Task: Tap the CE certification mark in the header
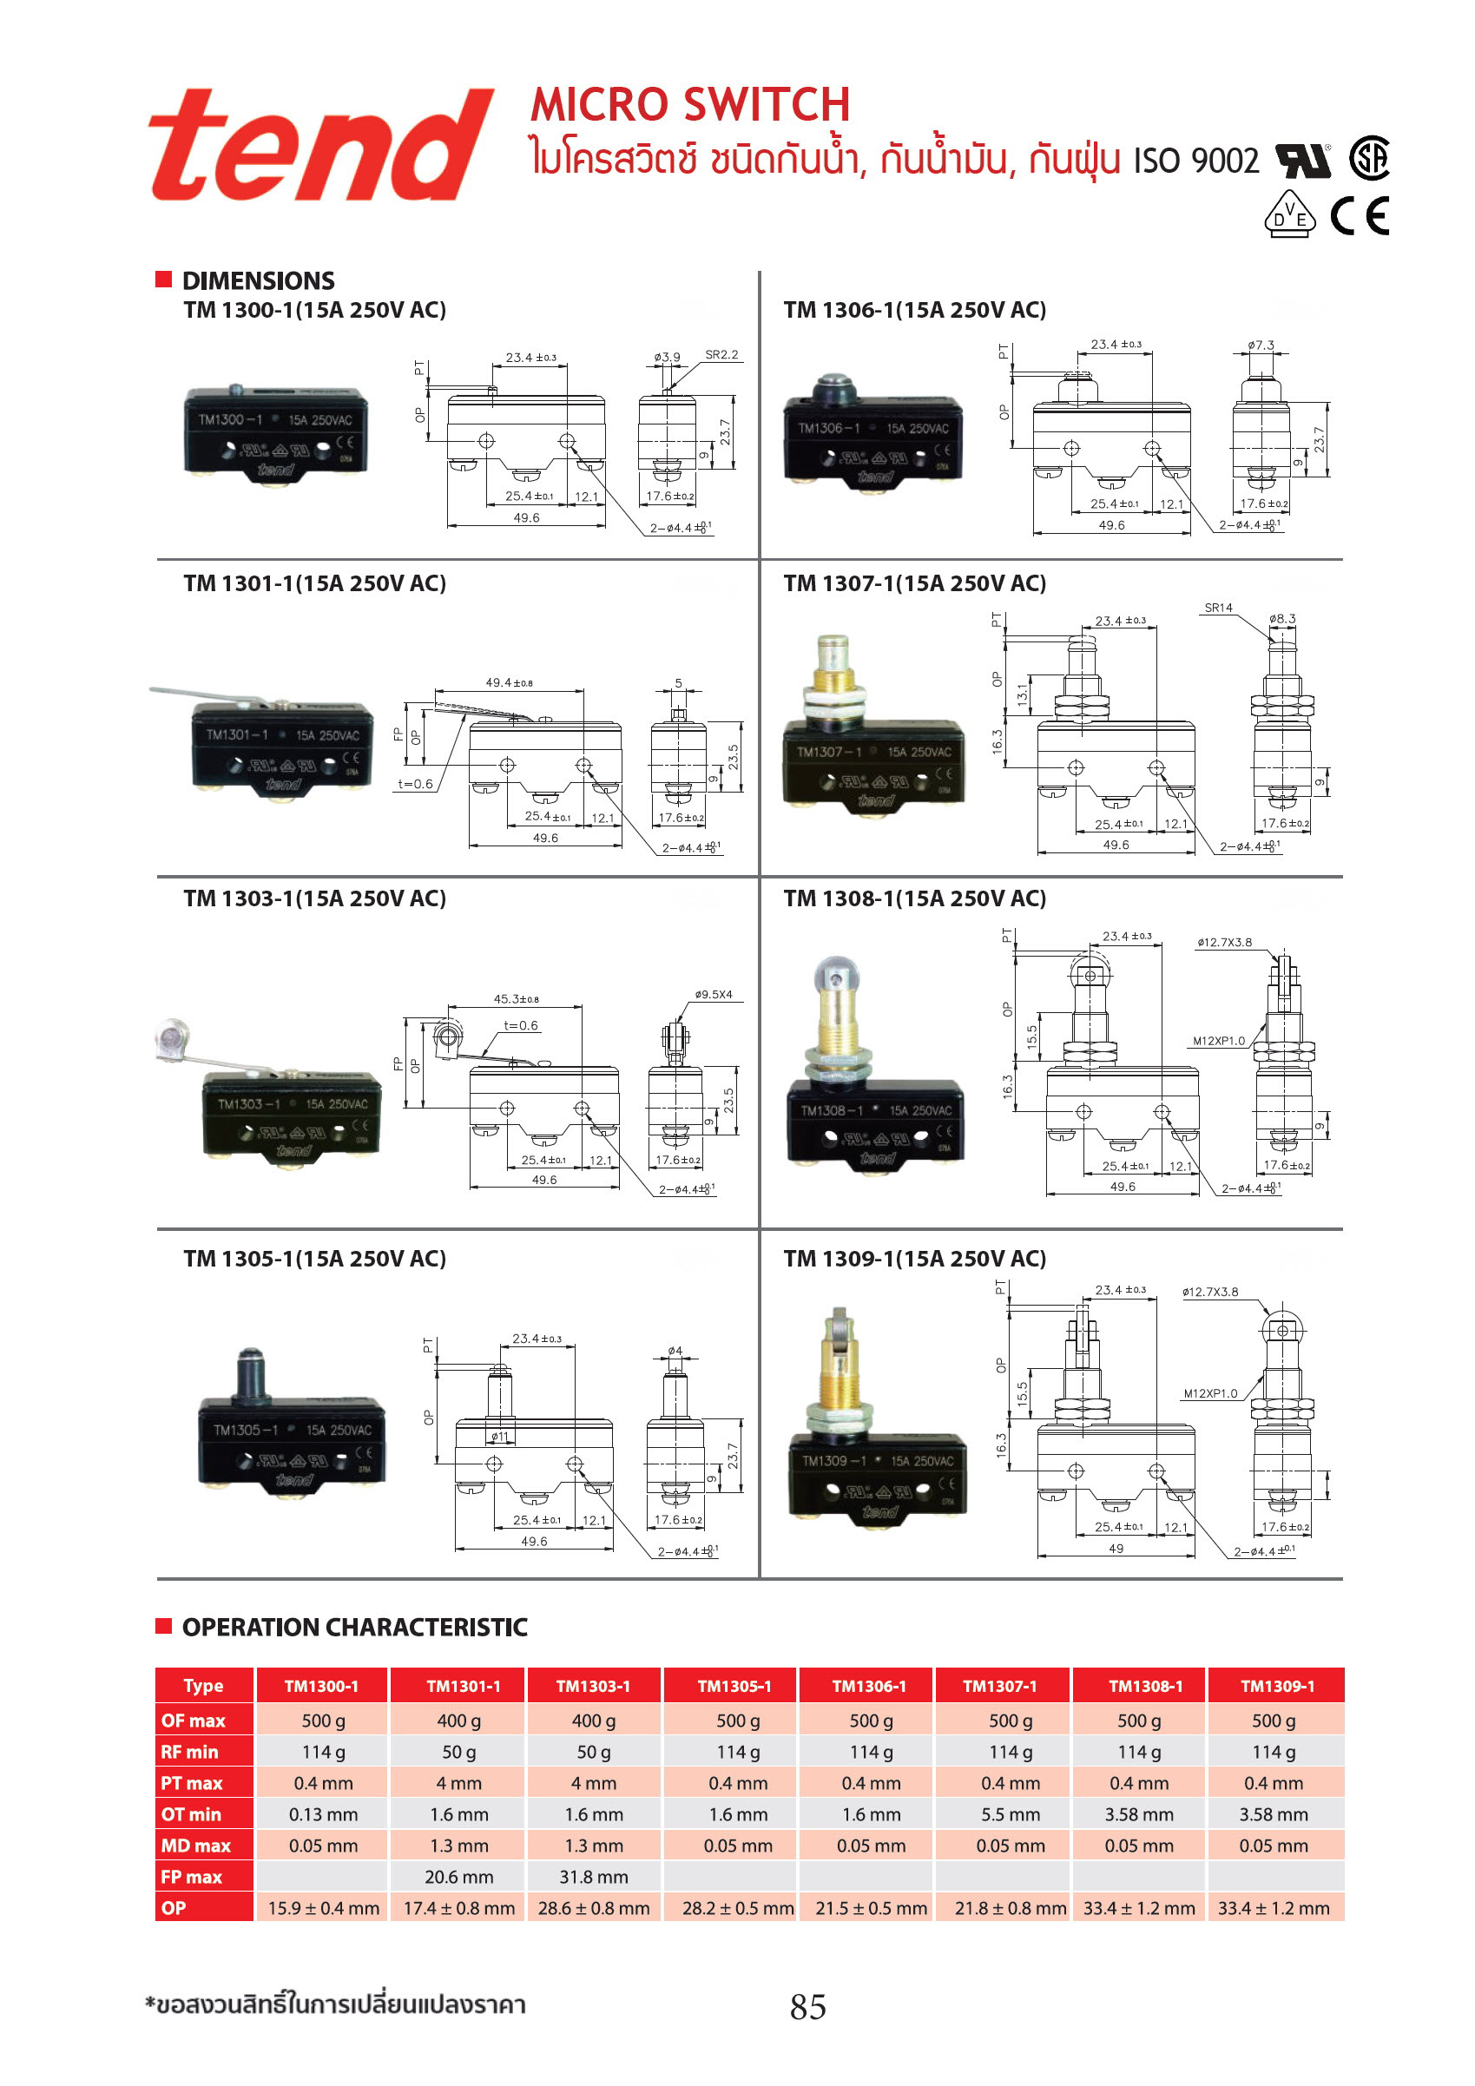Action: pos(1360,216)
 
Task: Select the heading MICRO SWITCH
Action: pos(690,104)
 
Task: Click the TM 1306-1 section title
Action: pos(914,310)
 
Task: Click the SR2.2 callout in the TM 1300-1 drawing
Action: pos(721,354)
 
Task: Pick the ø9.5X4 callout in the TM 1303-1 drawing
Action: pos(714,994)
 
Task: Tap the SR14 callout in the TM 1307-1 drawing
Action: pos(1218,608)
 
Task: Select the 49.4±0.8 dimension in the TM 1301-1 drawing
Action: pos(509,682)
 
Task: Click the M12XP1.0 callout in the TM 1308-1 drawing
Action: pos(1219,1041)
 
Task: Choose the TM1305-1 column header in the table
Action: pos(734,1686)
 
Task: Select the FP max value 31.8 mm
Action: pos(594,1877)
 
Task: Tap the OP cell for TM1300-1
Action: pos(323,1908)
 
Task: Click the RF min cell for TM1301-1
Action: pos(459,1752)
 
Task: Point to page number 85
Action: pos(808,2007)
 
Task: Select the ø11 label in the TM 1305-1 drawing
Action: pos(500,1437)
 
